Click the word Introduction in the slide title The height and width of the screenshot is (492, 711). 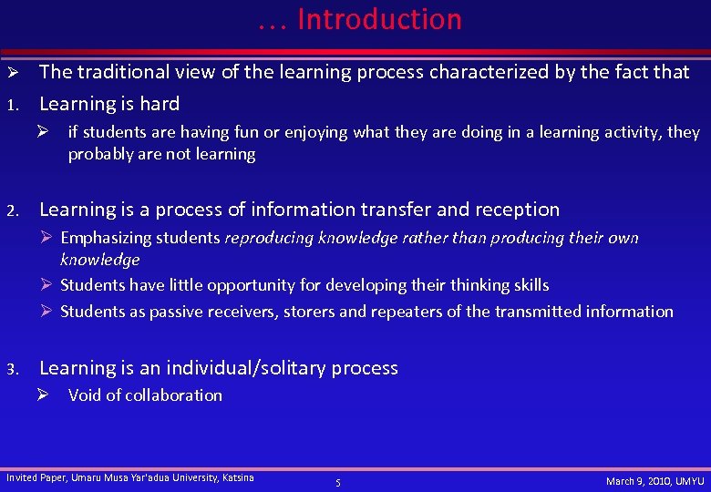coord(379,19)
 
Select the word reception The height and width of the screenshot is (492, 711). coord(517,210)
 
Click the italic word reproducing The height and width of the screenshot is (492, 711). coord(271,238)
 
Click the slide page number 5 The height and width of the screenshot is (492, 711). coord(337,482)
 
